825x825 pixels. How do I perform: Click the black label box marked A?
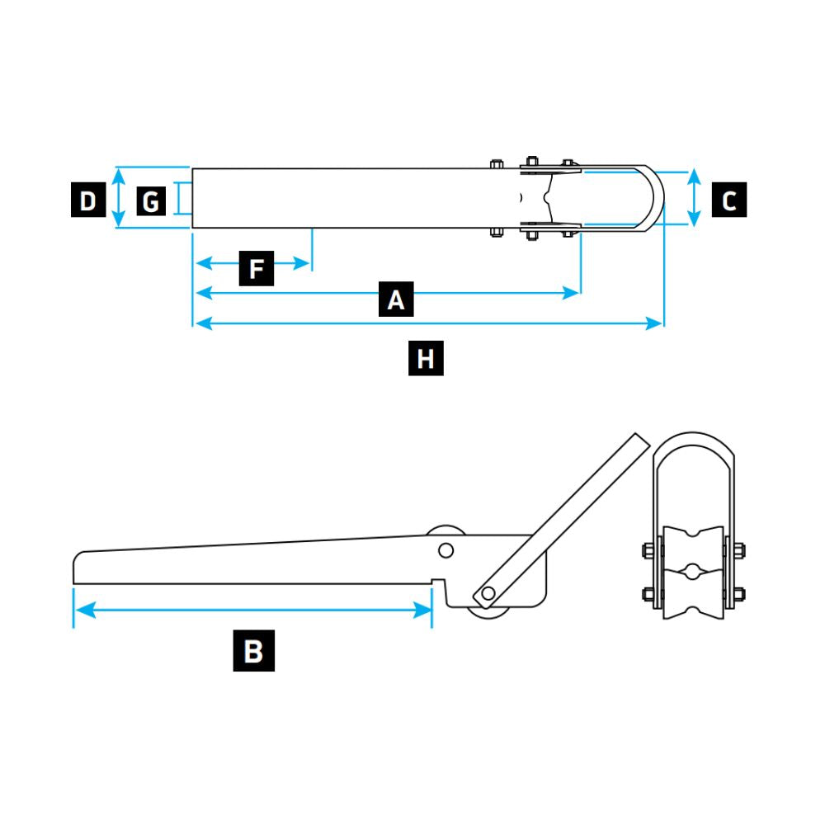[x=396, y=299]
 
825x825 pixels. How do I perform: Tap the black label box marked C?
[x=729, y=200]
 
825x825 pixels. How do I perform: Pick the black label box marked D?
[x=87, y=200]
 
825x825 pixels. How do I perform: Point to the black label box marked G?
[x=150, y=200]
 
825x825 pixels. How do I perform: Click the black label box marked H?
[x=426, y=359]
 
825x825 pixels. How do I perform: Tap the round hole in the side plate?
[x=445, y=550]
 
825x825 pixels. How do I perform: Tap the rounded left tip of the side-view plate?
[x=78, y=569]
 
